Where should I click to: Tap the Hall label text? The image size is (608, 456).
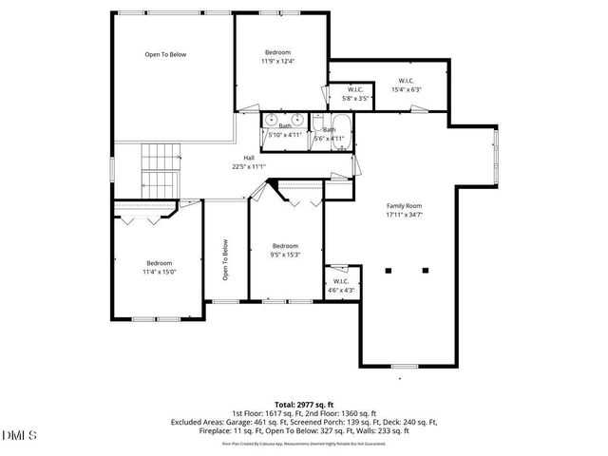(249, 158)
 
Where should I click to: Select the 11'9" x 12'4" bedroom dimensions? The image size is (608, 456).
(277, 61)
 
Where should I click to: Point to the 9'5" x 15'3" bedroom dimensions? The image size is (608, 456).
(285, 254)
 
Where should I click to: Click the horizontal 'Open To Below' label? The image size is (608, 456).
(165, 54)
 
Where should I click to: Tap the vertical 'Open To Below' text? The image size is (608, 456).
(226, 259)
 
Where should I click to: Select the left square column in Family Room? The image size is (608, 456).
(388, 270)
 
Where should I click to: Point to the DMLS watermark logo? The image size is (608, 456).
(19, 436)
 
